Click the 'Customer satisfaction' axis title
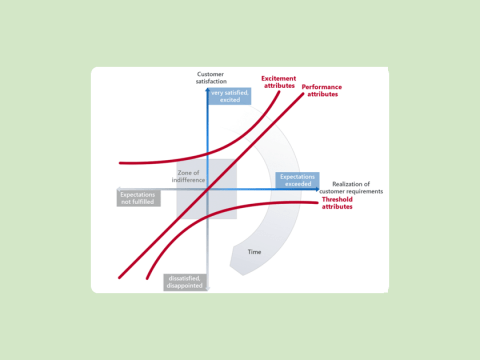[x=210, y=78]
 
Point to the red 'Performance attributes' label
[x=321, y=90]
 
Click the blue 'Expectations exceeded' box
[x=297, y=180]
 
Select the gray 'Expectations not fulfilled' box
[x=137, y=197]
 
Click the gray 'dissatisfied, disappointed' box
[x=185, y=282]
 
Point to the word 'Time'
[x=254, y=252]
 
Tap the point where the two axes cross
[x=207, y=188]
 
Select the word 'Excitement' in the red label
[x=278, y=78]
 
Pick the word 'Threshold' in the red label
[x=338, y=200]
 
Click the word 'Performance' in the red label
[x=321, y=86]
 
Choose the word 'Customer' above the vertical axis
[x=210, y=74]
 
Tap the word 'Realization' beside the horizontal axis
[x=351, y=184]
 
